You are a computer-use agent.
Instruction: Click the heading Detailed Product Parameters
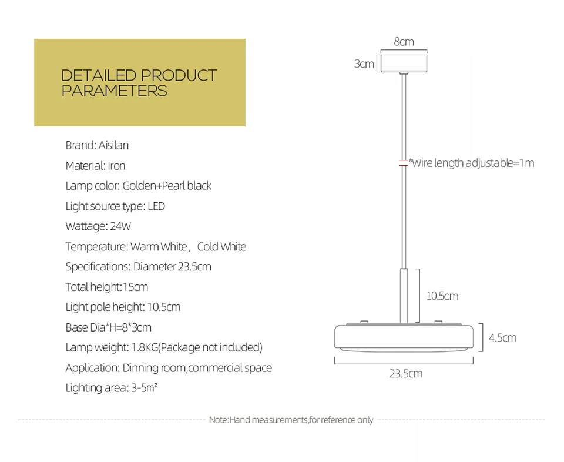click(139, 83)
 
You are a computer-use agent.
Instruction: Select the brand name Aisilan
click(113, 145)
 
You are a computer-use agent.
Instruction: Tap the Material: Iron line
click(95, 166)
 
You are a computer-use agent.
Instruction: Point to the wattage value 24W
click(120, 226)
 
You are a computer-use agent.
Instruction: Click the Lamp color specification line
click(138, 186)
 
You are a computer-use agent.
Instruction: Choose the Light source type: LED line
click(115, 206)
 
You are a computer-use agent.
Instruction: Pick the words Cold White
click(221, 246)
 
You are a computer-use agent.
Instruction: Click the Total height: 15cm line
click(106, 287)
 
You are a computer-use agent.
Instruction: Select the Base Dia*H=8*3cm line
click(108, 327)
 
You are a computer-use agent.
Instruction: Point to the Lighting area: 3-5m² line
click(111, 388)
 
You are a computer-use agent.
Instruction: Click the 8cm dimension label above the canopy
click(404, 42)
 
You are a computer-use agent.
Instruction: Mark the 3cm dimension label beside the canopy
click(364, 63)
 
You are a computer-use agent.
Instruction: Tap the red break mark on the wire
click(404, 163)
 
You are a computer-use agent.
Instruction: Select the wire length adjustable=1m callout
click(472, 163)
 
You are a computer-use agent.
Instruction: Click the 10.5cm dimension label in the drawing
click(442, 296)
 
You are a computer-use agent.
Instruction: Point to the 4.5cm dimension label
click(502, 337)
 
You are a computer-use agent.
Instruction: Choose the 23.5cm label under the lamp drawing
click(405, 373)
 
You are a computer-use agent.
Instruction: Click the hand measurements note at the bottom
click(291, 420)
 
